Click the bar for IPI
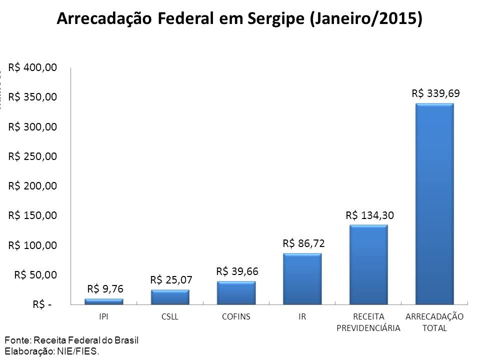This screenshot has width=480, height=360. click(x=104, y=301)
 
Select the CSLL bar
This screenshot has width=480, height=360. click(x=170, y=297)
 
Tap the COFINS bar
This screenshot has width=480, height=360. click(x=236, y=292)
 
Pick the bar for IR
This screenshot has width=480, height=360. click(x=302, y=278)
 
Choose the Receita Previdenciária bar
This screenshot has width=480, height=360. click(x=368, y=264)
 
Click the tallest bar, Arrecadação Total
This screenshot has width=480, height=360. click(x=434, y=203)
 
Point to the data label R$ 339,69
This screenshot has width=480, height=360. click(x=435, y=93)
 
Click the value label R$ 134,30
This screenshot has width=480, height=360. click(x=369, y=215)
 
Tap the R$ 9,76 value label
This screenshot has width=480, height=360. click(x=105, y=288)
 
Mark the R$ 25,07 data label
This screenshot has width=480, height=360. click(x=171, y=279)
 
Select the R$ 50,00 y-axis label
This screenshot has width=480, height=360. click(x=35, y=274)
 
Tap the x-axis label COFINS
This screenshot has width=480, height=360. click(x=236, y=317)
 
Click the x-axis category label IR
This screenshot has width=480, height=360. click(x=302, y=317)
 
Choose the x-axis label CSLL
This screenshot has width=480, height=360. click(x=170, y=317)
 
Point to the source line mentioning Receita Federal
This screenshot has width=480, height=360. click(x=71, y=340)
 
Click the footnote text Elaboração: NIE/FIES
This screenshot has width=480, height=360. click(x=52, y=351)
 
